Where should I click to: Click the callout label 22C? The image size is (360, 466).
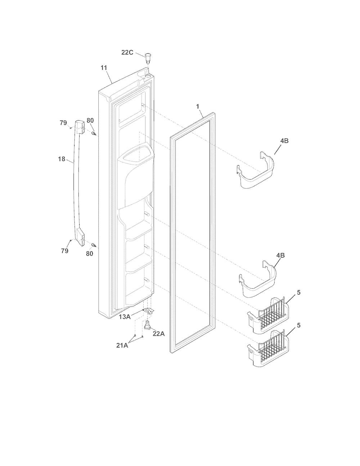click(x=127, y=52)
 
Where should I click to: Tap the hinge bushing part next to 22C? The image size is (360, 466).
click(x=148, y=58)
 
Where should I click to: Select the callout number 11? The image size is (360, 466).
click(x=104, y=68)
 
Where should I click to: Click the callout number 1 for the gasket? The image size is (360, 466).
click(x=198, y=107)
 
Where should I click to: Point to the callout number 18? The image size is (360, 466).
click(x=62, y=159)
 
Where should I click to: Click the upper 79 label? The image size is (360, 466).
click(x=63, y=123)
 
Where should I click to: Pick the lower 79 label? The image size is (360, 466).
click(x=65, y=251)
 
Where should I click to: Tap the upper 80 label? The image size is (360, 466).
click(x=90, y=121)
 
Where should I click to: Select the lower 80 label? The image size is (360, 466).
click(x=90, y=254)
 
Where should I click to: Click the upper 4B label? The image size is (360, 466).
click(x=284, y=141)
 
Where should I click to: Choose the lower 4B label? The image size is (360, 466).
click(x=280, y=255)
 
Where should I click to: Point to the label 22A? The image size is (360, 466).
click(x=159, y=334)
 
